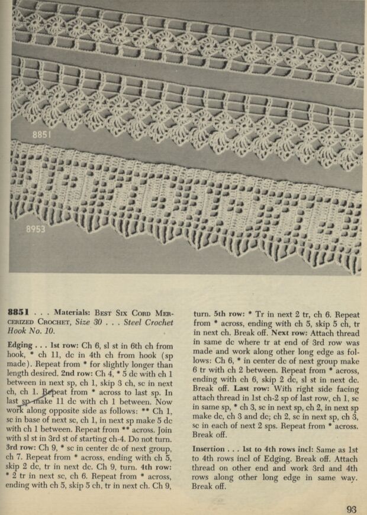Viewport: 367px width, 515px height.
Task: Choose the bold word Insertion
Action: pos(208,449)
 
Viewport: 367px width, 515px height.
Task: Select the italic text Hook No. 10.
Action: pos(33,332)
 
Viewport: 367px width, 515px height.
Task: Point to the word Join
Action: pos(168,429)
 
